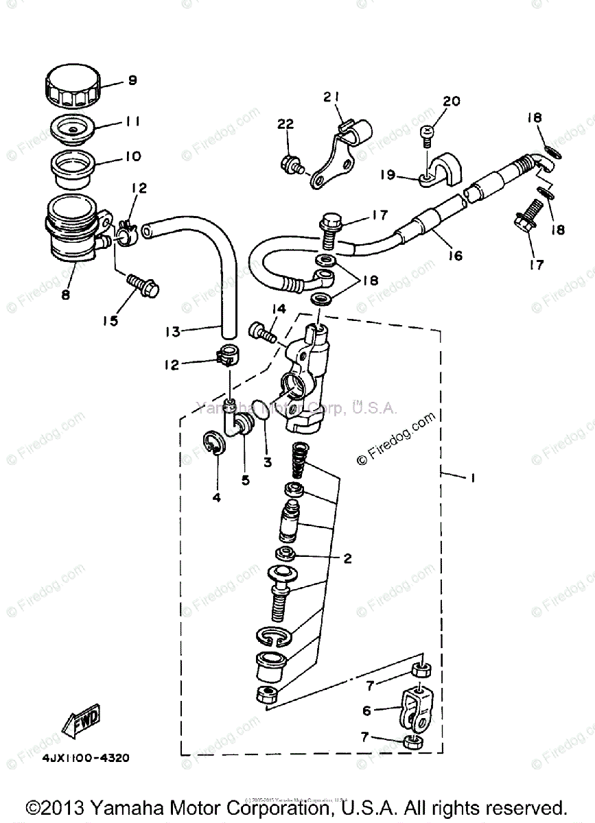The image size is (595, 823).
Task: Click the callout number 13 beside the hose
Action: [172, 331]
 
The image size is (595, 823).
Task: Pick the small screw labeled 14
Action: [263, 333]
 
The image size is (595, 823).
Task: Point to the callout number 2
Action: [347, 559]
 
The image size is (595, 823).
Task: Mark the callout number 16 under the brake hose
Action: [455, 257]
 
